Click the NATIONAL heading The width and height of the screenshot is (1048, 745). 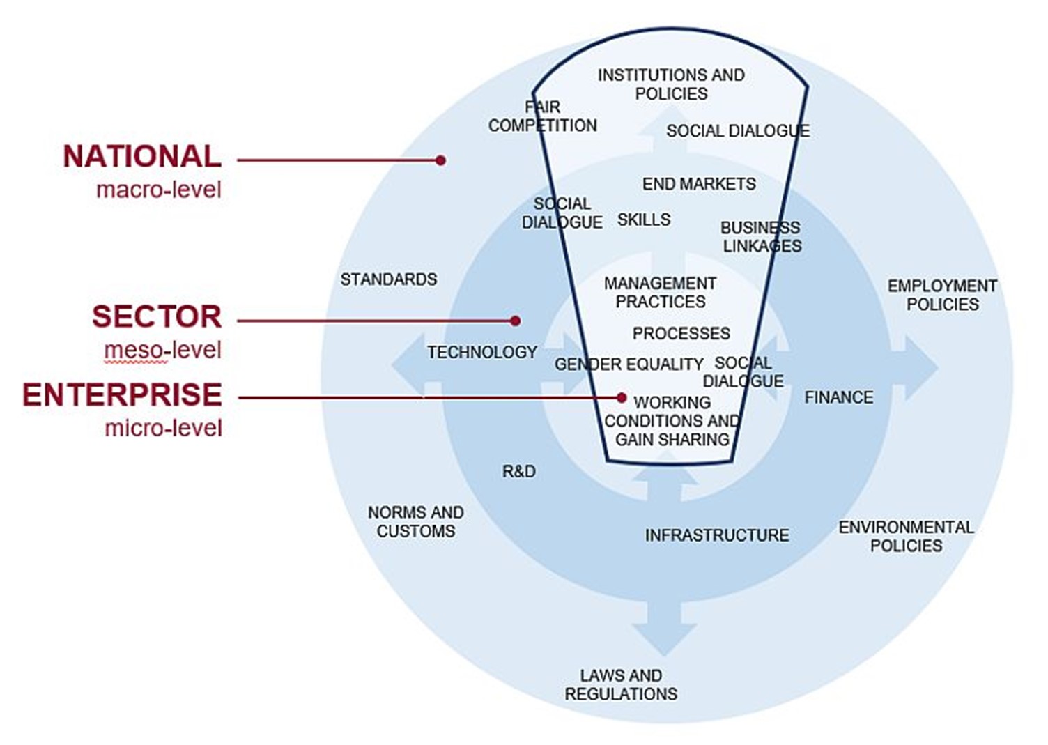tap(142, 156)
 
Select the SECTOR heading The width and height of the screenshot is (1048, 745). tap(157, 316)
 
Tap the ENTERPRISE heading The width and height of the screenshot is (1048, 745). tap(122, 395)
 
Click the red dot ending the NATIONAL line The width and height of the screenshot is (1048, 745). tap(440, 160)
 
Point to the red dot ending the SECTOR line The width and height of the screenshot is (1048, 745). tap(515, 321)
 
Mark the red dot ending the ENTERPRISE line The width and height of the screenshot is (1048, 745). tap(622, 397)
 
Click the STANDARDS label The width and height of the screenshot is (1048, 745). tap(389, 279)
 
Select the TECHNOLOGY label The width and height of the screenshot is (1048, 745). tap(482, 353)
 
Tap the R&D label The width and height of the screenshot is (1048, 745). tap(519, 472)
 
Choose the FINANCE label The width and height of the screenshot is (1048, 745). tap(838, 397)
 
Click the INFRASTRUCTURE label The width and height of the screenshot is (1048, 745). tap(716, 535)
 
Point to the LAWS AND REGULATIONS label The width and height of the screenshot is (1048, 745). tap(621, 684)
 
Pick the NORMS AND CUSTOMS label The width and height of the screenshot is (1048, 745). tap(416, 521)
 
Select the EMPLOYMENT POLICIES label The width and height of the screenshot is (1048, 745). tap(942, 295)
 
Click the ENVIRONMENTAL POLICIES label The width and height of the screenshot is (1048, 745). tap(906, 536)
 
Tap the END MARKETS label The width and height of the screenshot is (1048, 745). tap(699, 184)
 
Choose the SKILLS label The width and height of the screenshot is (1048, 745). tap(644, 220)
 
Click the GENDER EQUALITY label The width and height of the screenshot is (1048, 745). tap(629, 364)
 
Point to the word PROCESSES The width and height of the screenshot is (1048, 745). tap(681, 333)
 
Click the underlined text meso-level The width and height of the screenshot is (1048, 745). tap(163, 350)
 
